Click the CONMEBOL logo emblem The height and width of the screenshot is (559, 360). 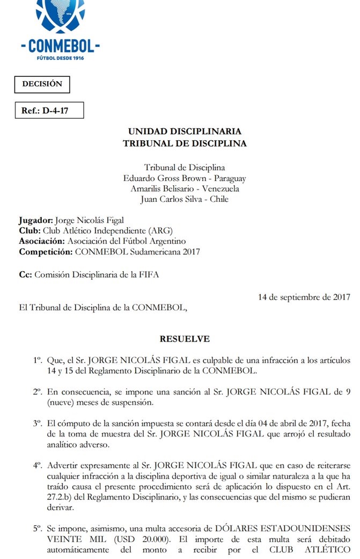[60, 16]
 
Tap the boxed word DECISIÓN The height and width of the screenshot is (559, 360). [42, 84]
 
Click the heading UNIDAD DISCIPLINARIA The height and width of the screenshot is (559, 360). [185, 132]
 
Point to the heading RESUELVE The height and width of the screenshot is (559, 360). [185, 339]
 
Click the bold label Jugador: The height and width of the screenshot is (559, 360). [35, 221]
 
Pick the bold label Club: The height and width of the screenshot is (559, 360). [28, 231]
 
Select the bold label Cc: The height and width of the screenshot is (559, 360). [25, 275]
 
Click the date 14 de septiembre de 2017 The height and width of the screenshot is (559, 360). [304, 296]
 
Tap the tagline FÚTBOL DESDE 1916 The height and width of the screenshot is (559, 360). [60, 57]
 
